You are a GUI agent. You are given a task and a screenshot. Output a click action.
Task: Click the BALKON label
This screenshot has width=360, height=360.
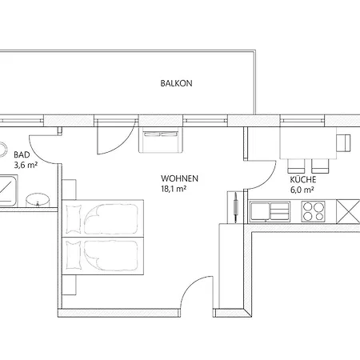tap(176, 82)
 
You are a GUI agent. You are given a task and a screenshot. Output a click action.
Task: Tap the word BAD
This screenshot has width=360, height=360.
tap(22, 154)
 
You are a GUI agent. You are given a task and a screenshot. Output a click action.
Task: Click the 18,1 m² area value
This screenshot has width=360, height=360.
tap(174, 190)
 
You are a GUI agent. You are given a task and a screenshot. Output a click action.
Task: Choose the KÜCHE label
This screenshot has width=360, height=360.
tap(303, 181)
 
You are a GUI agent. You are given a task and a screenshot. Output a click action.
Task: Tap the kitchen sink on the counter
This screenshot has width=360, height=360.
tap(270, 211)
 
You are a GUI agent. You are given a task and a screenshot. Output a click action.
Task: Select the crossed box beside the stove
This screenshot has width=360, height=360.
tap(349, 211)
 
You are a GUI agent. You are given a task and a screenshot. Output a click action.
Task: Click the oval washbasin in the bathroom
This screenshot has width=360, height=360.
tap(36, 199)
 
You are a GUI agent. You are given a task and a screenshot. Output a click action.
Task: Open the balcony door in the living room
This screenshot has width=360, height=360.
tap(106, 141)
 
